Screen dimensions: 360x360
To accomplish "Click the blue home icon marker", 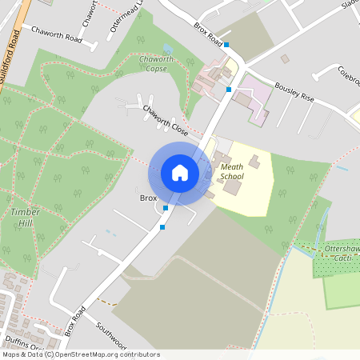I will [x=180, y=173].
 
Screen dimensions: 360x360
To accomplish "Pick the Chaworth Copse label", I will [x=156, y=64].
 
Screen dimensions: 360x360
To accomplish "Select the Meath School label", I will [x=232, y=171].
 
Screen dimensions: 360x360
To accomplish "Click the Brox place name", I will [x=148, y=198].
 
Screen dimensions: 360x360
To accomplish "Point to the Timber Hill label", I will [x=26, y=216].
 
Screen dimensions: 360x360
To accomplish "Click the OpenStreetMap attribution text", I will [x=80, y=354].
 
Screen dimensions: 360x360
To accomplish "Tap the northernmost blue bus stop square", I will [x=226, y=45].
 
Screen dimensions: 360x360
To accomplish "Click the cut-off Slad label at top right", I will [x=349, y=5].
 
